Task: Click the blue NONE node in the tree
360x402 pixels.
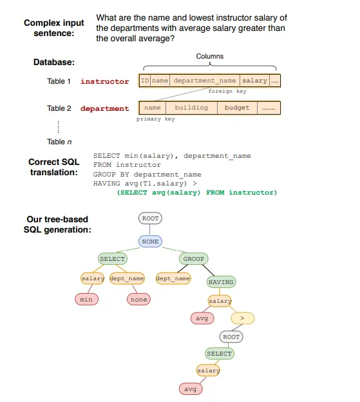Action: pyautogui.click(x=150, y=241)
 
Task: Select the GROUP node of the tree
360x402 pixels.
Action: pyautogui.click(x=193, y=259)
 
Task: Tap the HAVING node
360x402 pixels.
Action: pyautogui.click(x=221, y=282)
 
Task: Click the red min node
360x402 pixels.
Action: pyautogui.click(x=86, y=299)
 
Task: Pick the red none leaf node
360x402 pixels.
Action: pyautogui.click(x=138, y=299)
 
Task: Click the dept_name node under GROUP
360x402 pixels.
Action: pyautogui.click(x=174, y=278)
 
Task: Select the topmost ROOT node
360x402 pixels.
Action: pyautogui.click(x=150, y=219)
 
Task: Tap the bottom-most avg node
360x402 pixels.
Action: pyautogui.click(x=190, y=389)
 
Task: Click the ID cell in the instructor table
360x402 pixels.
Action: pyautogui.click(x=145, y=81)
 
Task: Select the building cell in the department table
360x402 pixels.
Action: pyautogui.click(x=191, y=108)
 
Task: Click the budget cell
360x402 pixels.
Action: pyautogui.click(x=236, y=108)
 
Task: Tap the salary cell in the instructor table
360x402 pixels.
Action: pyautogui.click(x=255, y=81)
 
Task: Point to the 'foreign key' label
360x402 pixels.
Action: pyautogui.click(x=227, y=91)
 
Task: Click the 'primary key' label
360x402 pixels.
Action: pyautogui.click(x=155, y=119)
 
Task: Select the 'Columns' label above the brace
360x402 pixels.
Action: pyautogui.click(x=210, y=57)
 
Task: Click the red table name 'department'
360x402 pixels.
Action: pyautogui.click(x=104, y=108)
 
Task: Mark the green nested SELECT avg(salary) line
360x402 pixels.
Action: pyautogui.click(x=196, y=193)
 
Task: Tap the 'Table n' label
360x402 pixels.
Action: pyautogui.click(x=56, y=142)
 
